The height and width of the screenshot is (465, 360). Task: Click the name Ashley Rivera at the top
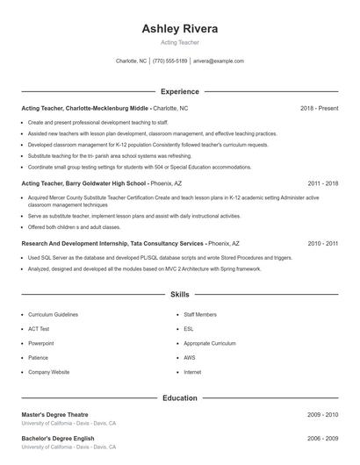click(180, 29)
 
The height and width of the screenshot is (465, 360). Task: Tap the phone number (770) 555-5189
click(170, 61)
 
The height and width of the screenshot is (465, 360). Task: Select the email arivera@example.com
click(219, 61)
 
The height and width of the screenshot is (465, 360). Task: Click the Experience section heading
click(180, 91)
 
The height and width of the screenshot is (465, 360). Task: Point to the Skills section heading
click(180, 296)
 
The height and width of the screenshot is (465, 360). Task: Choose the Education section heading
click(180, 397)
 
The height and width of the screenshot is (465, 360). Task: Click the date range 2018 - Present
click(319, 108)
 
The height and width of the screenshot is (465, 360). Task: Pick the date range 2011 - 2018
click(323, 183)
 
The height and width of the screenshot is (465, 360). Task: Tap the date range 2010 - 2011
click(323, 243)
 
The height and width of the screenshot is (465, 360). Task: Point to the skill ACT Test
click(39, 328)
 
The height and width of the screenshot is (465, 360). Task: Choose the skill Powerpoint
click(41, 343)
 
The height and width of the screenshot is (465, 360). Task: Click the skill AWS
click(190, 357)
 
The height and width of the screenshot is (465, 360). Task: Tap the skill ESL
click(189, 328)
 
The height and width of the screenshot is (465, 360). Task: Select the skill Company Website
click(48, 372)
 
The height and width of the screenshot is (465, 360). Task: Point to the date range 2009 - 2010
click(323, 414)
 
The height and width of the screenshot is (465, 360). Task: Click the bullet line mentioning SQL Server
click(160, 258)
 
